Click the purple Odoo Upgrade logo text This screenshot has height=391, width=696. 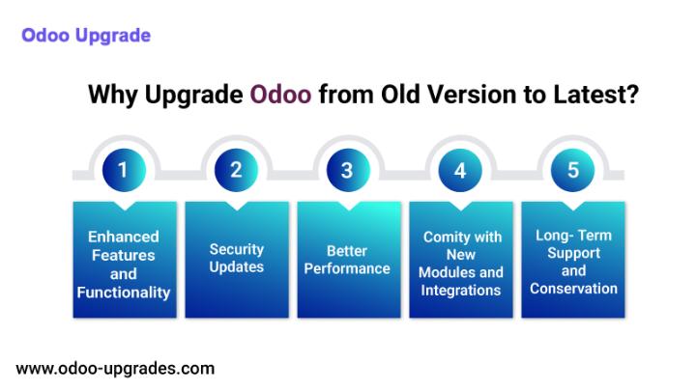click(x=86, y=36)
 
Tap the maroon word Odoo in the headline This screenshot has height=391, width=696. click(x=280, y=95)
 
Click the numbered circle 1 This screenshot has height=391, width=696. click(x=124, y=170)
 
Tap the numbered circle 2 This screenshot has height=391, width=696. click(x=236, y=170)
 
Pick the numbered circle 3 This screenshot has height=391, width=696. click(x=348, y=170)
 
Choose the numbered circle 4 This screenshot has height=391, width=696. click(x=460, y=170)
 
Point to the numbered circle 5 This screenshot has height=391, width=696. click(x=572, y=170)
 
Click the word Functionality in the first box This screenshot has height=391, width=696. click(x=124, y=293)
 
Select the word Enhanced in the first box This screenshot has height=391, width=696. click(x=124, y=237)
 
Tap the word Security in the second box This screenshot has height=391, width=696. click(x=237, y=250)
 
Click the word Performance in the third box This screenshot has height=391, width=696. click(x=347, y=268)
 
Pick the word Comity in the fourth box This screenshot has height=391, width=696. click(x=441, y=237)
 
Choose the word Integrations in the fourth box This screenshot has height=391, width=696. click(x=461, y=291)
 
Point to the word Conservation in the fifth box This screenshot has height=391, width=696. click(x=573, y=289)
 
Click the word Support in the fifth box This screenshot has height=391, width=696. click(x=573, y=254)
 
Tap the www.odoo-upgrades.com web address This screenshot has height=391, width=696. click(x=115, y=369)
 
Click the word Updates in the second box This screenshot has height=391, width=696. click(x=237, y=267)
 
